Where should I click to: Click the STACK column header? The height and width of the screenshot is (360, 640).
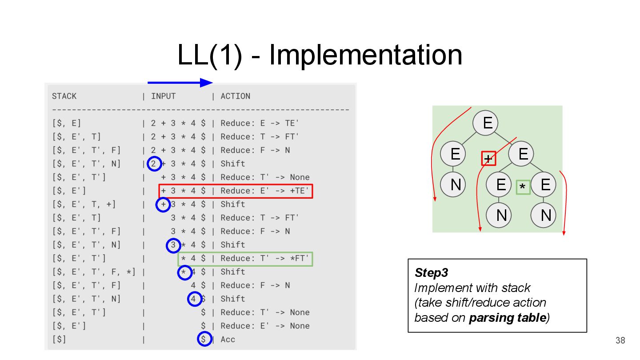click(64, 96)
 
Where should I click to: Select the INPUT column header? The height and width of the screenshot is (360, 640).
click(163, 96)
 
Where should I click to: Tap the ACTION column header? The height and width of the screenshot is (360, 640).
click(235, 96)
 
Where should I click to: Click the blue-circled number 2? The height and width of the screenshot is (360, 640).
click(154, 164)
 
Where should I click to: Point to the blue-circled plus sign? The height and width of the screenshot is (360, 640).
click(163, 204)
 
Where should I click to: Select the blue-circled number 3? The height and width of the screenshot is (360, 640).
click(173, 245)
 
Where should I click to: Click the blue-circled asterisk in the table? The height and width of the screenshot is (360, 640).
click(184, 272)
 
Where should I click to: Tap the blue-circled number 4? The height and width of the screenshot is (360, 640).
click(194, 299)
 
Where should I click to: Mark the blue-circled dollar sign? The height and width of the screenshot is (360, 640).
click(204, 340)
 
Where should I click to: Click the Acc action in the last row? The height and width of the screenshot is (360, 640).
click(228, 340)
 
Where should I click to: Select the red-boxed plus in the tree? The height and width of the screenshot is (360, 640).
click(488, 158)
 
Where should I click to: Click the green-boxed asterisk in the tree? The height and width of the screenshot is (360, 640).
click(523, 188)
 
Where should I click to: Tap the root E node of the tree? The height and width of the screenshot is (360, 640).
click(487, 122)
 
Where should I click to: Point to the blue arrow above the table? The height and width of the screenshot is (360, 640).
click(180, 83)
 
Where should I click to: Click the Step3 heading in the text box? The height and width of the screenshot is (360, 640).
click(431, 272)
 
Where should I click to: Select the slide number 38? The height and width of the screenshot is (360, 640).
click(620, 341)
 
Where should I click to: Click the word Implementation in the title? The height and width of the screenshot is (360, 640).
click(365, 55)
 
